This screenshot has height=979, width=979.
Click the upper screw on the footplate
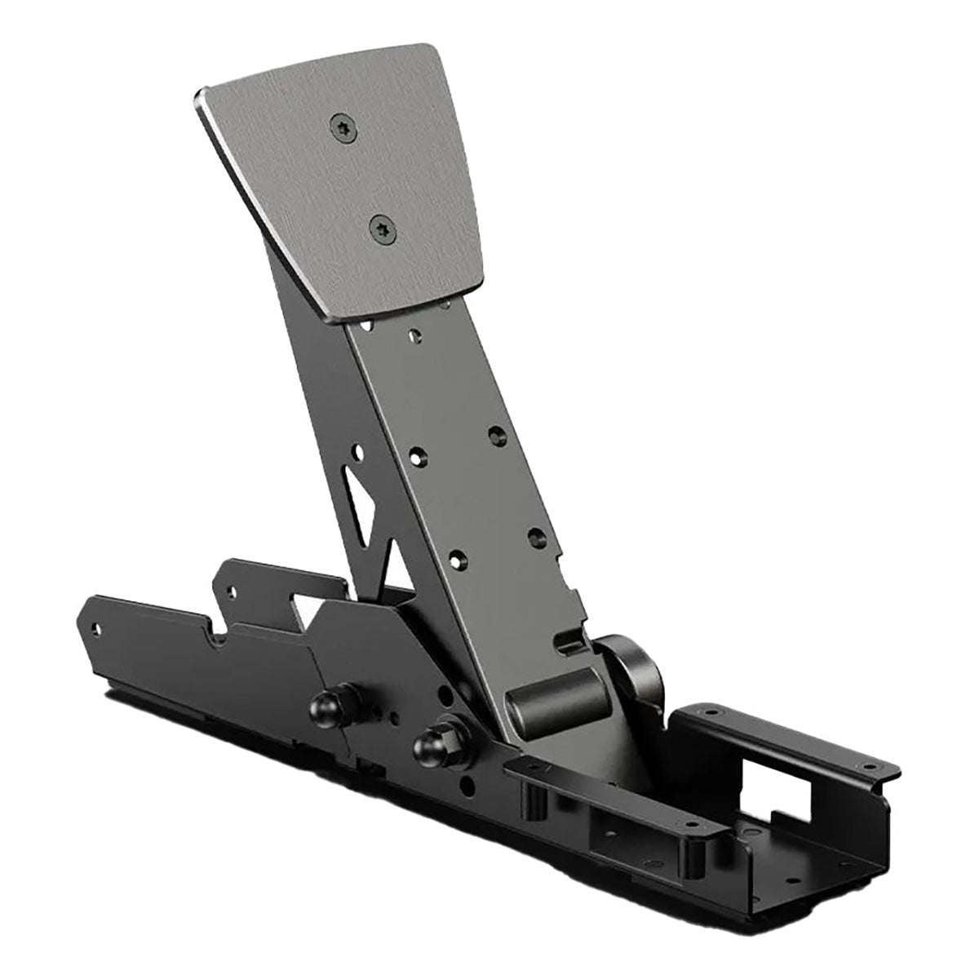[341, 125]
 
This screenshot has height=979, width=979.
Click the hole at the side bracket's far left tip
[99, 629]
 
